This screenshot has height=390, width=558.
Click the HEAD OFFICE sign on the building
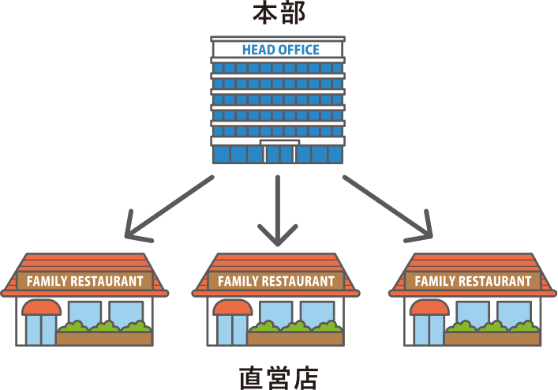(280, 49)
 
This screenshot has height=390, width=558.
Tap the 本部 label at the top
(278, 13)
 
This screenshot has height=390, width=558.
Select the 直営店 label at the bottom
(278, 377)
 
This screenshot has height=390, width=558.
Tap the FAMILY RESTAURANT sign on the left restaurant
(85, 280)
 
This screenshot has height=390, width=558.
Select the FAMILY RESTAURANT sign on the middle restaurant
(276, 281)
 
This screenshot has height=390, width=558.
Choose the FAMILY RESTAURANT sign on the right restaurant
(473, 281)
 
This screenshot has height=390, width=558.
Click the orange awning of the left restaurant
(41, 307)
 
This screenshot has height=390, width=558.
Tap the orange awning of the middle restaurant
(232, 307)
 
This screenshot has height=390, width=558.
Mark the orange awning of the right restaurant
(429, 307)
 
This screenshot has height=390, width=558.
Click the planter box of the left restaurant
(103, 338)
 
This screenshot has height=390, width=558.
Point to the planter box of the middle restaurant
(294, 338)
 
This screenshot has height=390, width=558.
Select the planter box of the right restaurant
(491, 338)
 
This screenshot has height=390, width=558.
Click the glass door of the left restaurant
(40, 330)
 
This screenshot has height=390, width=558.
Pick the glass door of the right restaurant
(428, 330)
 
